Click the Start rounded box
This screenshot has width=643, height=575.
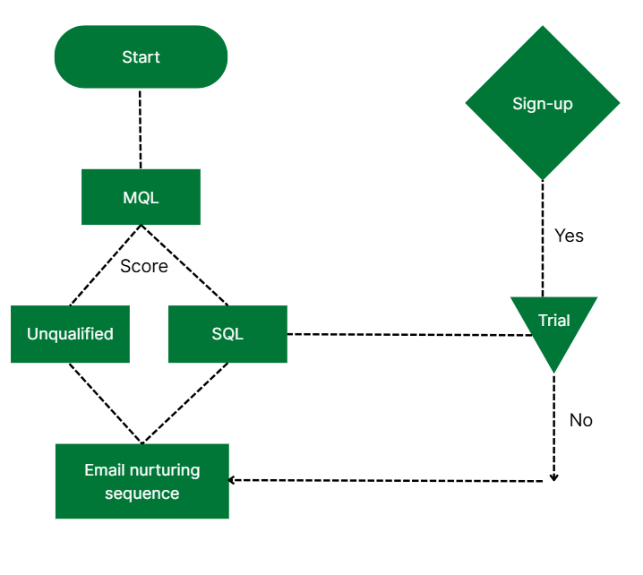(141, 56)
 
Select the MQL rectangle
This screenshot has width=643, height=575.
(141, 197)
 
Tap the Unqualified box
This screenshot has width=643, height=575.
(70, 334)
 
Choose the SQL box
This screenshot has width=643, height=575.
(227, 334)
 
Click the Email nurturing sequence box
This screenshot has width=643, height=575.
(141, 481)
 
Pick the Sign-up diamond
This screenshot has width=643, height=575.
(542, 104)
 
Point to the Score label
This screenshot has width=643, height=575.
(143, 266)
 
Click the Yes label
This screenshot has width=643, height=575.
(569, 236)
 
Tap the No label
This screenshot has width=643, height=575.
(580, 420)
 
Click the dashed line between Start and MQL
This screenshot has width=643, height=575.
(141, 129)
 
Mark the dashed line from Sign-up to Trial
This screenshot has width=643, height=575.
(542, 260)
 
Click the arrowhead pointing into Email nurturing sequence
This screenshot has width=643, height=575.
(233, 480)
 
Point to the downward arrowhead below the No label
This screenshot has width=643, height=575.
(553, 476)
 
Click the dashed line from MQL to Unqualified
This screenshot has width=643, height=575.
(94, 273)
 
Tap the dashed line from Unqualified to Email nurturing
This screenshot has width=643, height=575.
(103, 401)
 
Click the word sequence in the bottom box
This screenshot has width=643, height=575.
(141, 493)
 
